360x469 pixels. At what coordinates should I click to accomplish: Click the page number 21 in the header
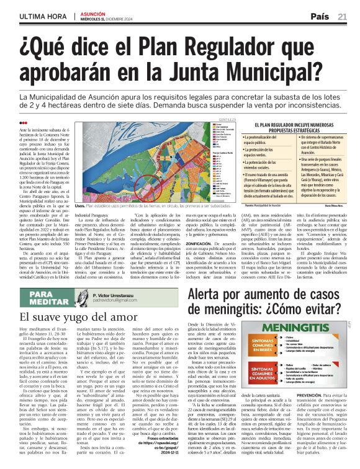point(342,16)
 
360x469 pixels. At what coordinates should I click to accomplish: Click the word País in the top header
point(320,16)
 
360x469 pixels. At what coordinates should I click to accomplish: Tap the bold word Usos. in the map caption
point(79,205)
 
